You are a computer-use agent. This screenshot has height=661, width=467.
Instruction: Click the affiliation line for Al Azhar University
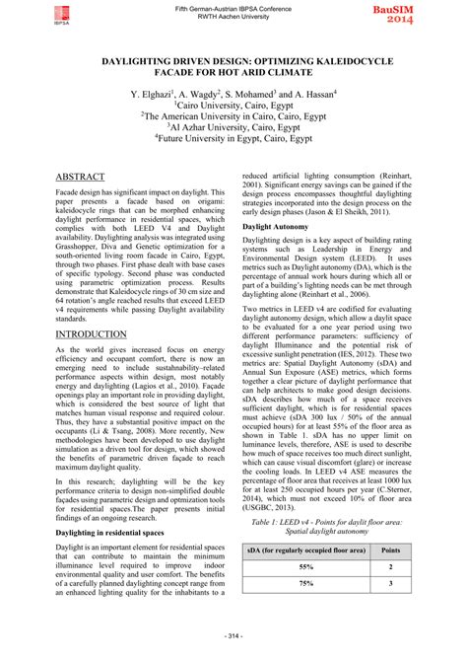coord(233,126)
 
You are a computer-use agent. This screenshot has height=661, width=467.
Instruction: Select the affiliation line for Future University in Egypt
coord(233,139)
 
